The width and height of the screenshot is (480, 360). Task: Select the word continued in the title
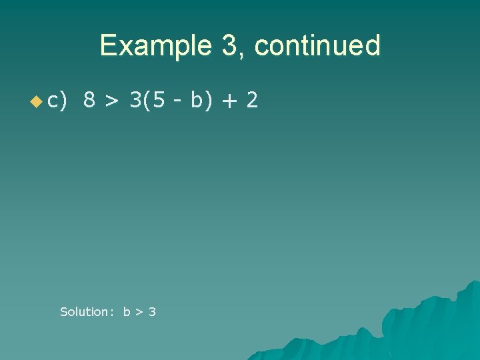click(317, 46)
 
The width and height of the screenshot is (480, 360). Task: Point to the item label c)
click(57, 101)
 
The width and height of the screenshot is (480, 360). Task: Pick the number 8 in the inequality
click(89, 100)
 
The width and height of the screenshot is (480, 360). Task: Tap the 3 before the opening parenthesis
click(135, 100)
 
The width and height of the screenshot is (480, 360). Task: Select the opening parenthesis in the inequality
click(147, 101)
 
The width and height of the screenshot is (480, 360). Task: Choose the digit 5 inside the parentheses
click(159, 100)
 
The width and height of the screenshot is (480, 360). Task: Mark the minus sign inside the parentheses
click(177, 101)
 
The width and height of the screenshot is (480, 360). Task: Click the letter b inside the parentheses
click(195, 100)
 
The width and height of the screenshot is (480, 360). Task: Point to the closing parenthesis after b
click(207, 101)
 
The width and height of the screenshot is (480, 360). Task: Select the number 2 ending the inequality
click(251, 100)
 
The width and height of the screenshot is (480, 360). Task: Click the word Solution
click(83, 311)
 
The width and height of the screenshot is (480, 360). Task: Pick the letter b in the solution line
click(127, 311)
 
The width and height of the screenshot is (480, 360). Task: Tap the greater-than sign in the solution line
click(139, 312)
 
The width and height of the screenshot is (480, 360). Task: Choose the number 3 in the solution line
click(152, 311)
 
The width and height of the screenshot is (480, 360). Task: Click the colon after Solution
click(111, 312)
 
